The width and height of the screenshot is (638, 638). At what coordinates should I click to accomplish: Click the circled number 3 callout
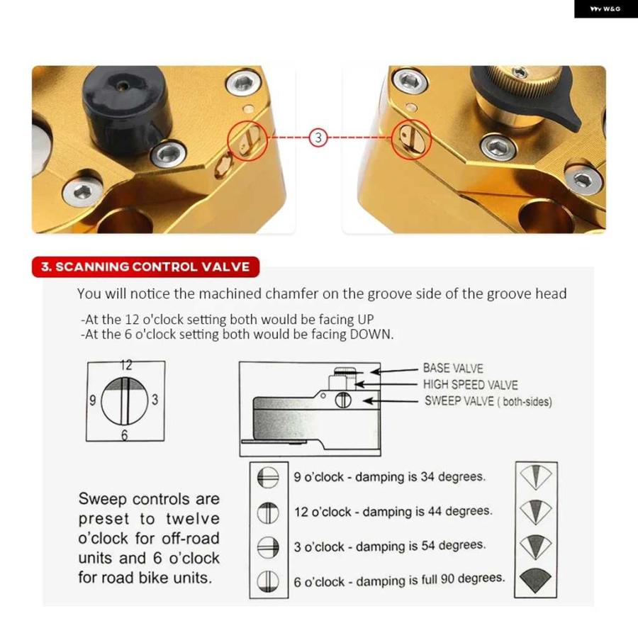(x=318, y=138)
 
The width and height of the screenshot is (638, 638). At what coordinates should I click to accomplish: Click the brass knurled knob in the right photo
(x=519, y=87)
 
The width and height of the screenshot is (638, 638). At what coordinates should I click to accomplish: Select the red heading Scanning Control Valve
(x=145, y=267)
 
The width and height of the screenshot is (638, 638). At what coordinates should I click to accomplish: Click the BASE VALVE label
(x=453, y=368)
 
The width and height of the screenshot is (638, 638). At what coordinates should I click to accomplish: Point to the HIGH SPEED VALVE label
(x=471, y=384)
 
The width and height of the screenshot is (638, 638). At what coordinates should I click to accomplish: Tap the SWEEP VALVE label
(x=488, y=401)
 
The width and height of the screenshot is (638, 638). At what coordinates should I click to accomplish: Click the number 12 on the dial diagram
(x=126, y=365)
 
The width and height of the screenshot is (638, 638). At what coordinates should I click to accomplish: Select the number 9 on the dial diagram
(x=93, y=401)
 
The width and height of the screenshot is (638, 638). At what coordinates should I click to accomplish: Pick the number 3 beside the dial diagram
(x=155, y=400)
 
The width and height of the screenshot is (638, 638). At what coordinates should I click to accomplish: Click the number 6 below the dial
(x=125, y=435)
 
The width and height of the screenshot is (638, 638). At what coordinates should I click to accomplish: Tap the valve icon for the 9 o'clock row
(x=268, y=477)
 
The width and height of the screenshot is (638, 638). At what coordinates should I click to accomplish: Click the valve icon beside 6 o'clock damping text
(x=268, y=581)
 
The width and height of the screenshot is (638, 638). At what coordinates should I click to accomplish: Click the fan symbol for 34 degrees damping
(x=536, y=477)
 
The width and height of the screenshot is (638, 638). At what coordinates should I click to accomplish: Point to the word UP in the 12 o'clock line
(x=365, y=320)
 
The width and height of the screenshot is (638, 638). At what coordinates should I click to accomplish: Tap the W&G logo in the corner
(x=605, y=9)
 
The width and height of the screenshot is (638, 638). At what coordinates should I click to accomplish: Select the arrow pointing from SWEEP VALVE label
(x=391, y=401)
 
